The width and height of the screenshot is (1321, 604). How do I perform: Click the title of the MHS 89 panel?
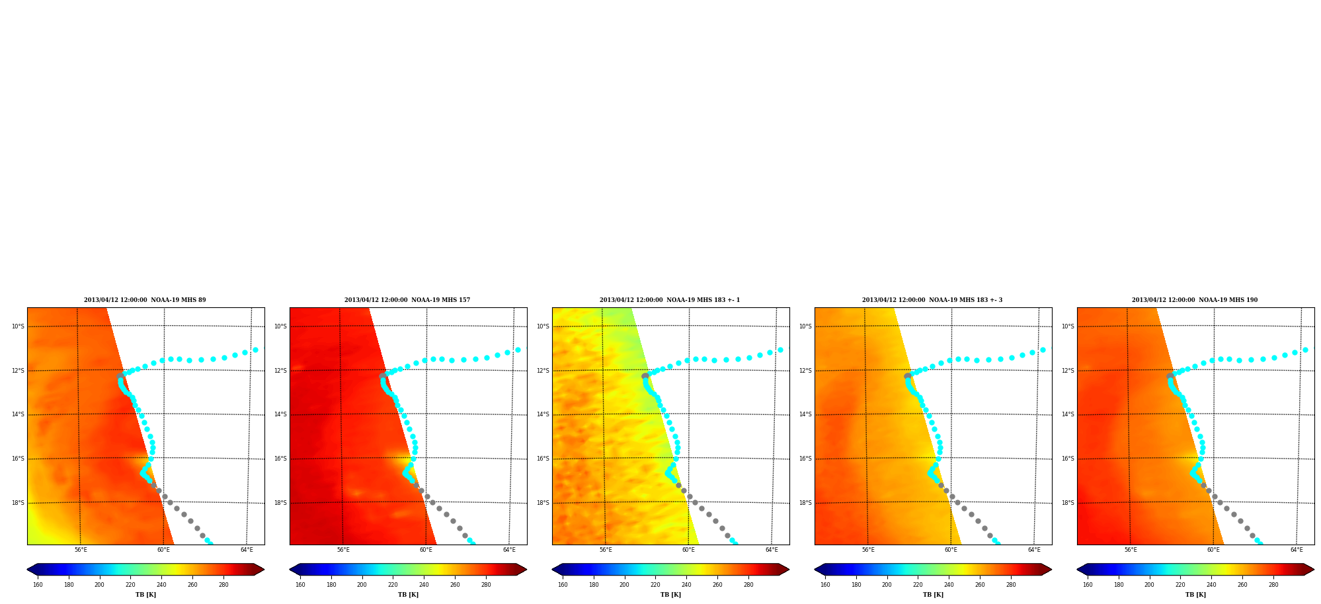click(x=145, y=300)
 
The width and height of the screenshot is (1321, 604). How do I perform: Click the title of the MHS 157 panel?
click(x=407, y=300)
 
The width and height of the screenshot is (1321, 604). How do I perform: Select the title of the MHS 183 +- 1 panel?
click(x=670, y=300)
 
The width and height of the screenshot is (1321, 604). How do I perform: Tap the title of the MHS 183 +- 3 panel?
click(x=932, y=300)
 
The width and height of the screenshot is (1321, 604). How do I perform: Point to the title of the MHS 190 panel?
click(x=1195, y=300)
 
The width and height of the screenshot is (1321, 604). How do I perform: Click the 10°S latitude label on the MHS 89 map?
click(x=18, y=326)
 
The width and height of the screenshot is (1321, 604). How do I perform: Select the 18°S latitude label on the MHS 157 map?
click(x=280, y=503)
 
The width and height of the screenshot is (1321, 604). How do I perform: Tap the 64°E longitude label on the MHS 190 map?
click(x=1297, y=550)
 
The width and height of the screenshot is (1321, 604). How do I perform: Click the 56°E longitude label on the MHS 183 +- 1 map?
click(x=606, y=550)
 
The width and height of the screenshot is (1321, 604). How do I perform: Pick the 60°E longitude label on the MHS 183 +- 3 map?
click(x=951, y=550)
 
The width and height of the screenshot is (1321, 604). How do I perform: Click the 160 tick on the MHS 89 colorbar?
click(x=38, y=585)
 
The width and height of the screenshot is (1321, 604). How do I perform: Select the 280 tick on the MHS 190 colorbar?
click(x=1273, y=585)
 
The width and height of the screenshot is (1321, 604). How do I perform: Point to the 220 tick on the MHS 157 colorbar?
click(x=393, y=585)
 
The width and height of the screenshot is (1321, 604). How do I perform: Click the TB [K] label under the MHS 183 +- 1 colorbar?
click(x=670, y=595)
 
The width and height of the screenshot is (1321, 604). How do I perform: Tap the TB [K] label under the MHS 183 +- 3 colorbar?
click(x=933, y=595)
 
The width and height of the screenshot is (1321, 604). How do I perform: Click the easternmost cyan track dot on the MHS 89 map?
click(x=255, y=350)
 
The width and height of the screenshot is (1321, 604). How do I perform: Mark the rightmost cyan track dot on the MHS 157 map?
click(x=518, y=350)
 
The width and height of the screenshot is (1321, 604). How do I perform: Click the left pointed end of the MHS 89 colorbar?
click(x=28, y=570)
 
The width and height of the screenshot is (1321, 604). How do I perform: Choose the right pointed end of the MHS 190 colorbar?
click(x=1313, y=570)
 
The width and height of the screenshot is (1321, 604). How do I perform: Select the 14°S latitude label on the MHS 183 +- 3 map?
click(x=805, y=415)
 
